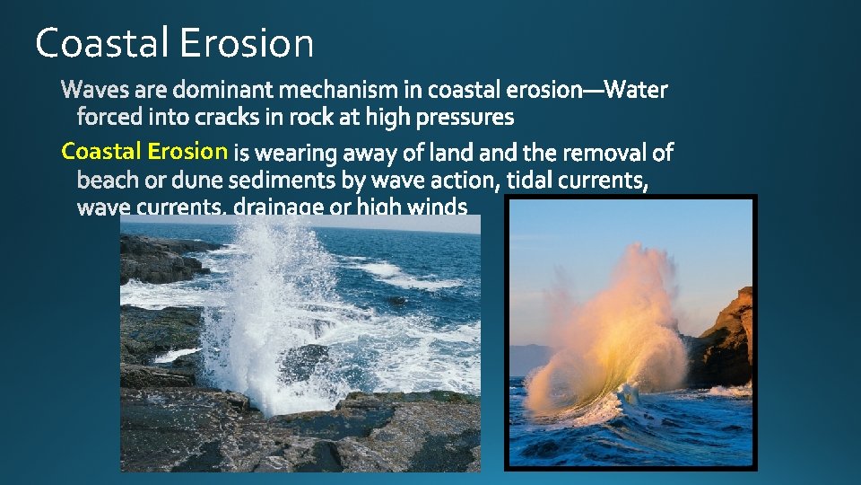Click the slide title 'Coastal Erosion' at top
(x=175, y=43)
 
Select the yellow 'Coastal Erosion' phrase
(x=143, y=151)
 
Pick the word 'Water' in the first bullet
(x=639, y=90)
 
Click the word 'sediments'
(x=278, y=181)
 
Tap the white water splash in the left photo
(x=260, y=305)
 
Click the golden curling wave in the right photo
(x=619, y=341)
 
